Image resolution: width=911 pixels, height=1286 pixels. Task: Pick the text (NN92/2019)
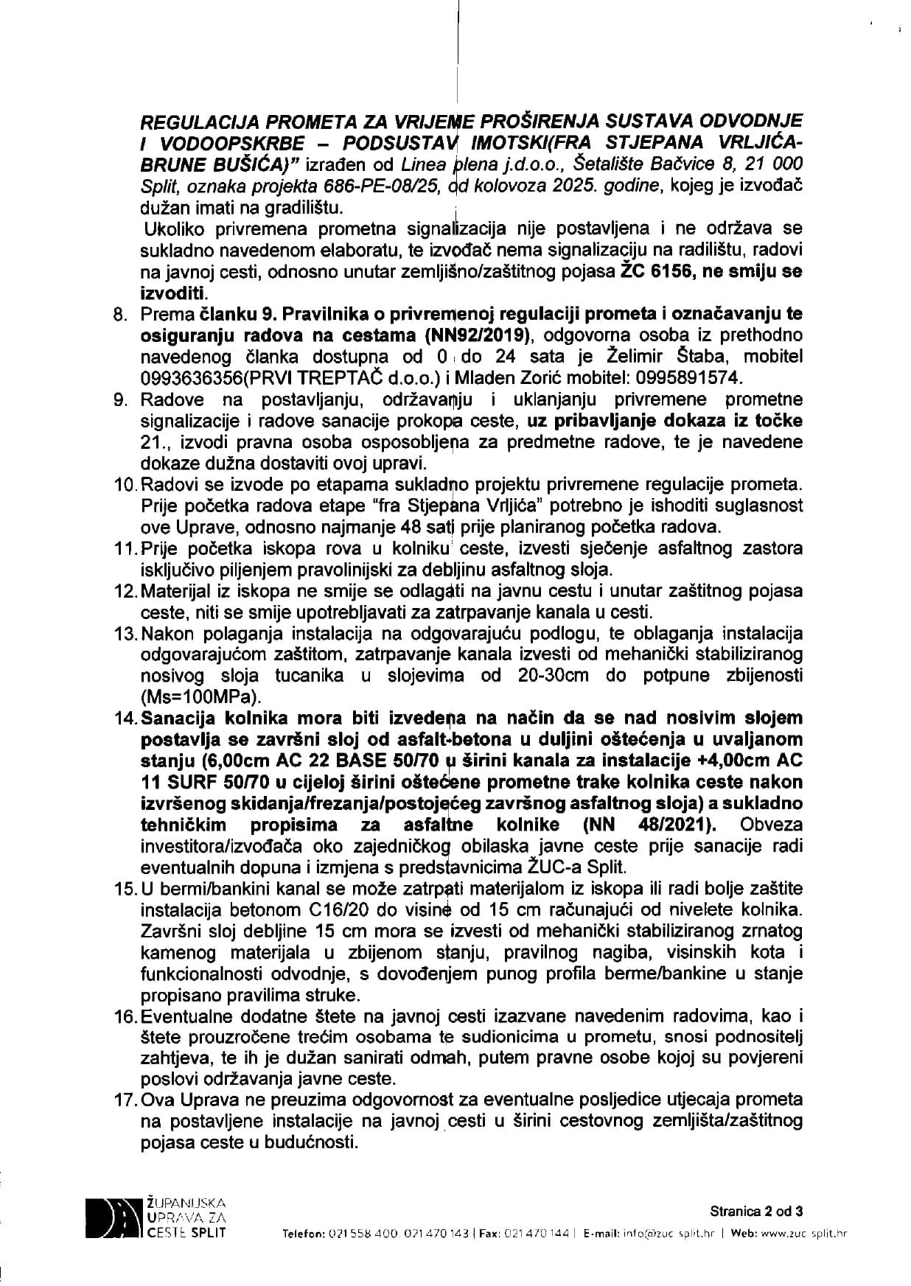coord(479,335)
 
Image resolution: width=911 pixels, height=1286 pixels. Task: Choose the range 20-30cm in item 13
coord(523,675)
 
